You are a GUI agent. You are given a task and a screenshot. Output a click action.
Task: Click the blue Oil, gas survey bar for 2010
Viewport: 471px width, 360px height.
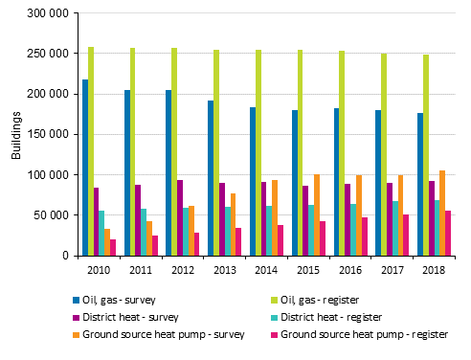[85, 168]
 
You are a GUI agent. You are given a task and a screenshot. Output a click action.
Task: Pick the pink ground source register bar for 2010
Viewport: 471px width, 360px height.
[112, 247]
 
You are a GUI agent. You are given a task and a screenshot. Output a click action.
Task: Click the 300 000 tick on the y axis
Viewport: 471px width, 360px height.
[47, 13]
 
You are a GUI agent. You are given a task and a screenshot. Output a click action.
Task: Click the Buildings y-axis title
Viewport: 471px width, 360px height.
[15, 135]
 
